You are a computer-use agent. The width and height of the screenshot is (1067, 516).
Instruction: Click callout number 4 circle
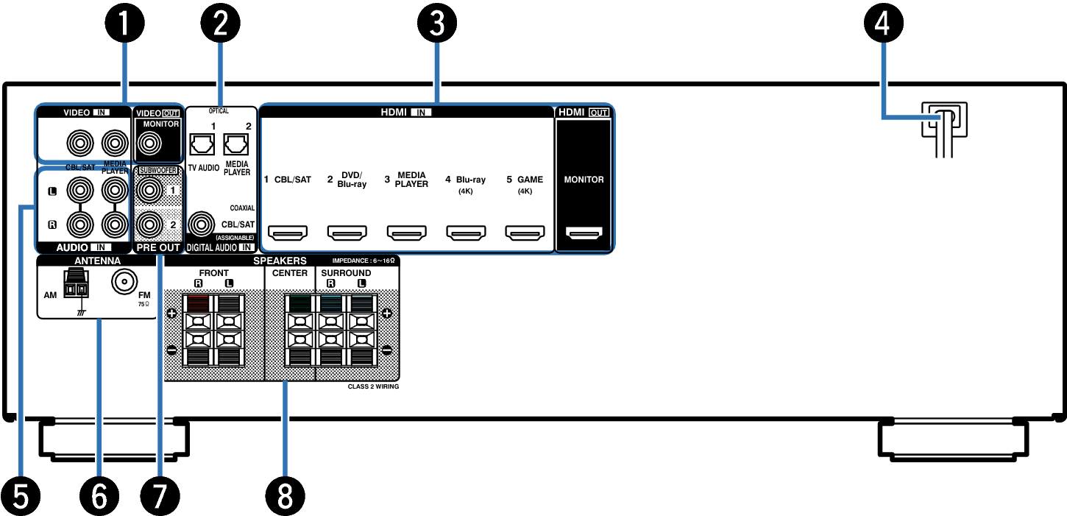tap(883, 23)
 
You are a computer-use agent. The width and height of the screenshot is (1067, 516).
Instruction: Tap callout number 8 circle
tap(285, 496)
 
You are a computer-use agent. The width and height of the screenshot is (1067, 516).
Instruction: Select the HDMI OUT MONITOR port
tap(584, 233)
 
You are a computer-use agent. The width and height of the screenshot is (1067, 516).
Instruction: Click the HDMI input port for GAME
tap(525, 233)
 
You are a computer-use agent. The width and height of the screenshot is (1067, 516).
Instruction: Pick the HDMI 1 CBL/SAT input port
tap(288, 233)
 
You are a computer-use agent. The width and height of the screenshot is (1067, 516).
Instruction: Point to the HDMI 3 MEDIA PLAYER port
tap(406, 233)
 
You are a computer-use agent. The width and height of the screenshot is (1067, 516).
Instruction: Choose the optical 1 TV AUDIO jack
tap(202, 144)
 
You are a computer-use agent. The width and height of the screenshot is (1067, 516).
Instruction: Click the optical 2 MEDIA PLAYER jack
tap(235, 144)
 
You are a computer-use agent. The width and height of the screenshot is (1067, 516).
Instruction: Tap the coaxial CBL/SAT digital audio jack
tap(201, 225)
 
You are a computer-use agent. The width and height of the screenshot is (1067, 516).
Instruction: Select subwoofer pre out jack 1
tap(149, 191)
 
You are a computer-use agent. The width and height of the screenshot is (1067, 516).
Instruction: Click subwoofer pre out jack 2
tap(149, 224)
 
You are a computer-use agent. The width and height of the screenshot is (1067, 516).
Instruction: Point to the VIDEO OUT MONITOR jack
tap(149, 143)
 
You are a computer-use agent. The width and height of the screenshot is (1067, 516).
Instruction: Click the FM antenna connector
tap(124, 282)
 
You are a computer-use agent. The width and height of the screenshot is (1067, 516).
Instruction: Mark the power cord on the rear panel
tap(944, 130)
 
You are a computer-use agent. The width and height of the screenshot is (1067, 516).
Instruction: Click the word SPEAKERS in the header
tap(280, 261)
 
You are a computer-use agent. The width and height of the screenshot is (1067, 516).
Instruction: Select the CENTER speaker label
tap(290, 273)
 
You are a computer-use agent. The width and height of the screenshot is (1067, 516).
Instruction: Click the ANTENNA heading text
tap(97, 261)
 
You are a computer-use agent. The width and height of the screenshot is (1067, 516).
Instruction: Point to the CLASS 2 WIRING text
tap(374, 386)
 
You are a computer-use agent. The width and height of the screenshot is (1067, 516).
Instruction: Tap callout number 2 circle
tap(221, 23)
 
